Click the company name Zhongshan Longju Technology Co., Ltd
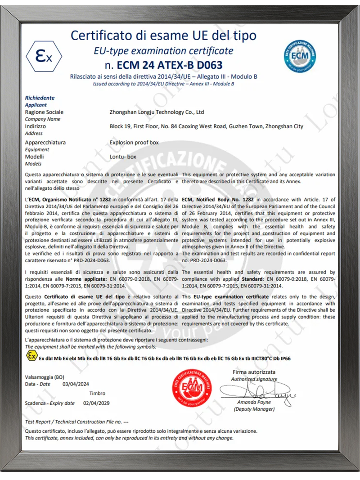(157, 112)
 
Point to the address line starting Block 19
(206, 126)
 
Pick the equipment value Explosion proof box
(134, 143)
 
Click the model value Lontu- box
(123, 157)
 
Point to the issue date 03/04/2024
(76, 384)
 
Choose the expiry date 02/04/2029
(96, 404)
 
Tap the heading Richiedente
(40, 98)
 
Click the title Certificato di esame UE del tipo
(164, 35)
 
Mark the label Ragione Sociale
(44, 112)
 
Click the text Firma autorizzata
(254, 372)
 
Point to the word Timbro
(97, 394)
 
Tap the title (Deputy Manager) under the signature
(254, 409)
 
